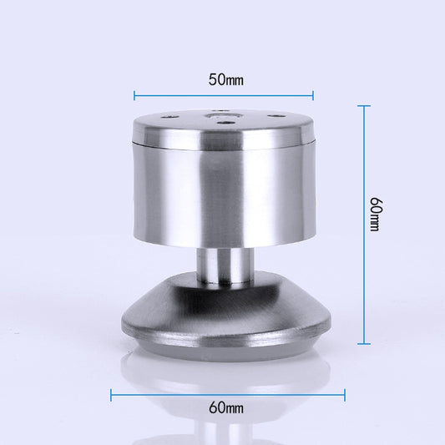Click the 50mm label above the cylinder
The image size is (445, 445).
click(x=226, y=80)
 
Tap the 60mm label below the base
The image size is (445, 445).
click(x=226, y=408)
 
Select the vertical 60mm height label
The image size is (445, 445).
click(x=377, y=214)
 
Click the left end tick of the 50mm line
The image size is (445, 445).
click(x=134, y=95)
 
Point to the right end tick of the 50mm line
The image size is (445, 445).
click(x=313, y=95)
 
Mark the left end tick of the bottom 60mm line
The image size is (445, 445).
click(x=111, y=395)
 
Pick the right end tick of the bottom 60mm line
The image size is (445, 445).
click(x=345, y=395)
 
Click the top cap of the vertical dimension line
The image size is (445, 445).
click(x=364, y=106)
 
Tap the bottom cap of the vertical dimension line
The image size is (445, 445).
click(x=364, y=344)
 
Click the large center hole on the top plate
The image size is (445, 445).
click(x=224, y=116)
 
